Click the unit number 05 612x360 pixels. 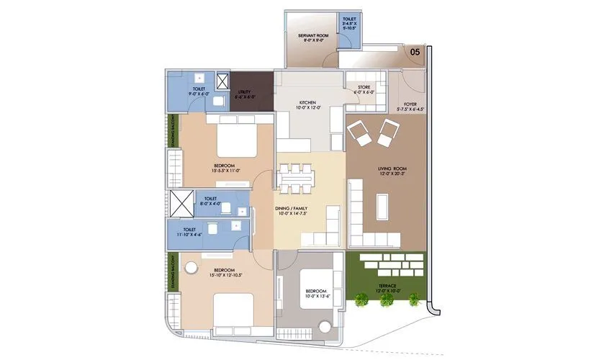coord(415,52)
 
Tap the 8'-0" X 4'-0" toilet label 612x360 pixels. coord(211,201)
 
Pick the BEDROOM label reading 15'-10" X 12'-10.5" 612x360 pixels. coord(210,272)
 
